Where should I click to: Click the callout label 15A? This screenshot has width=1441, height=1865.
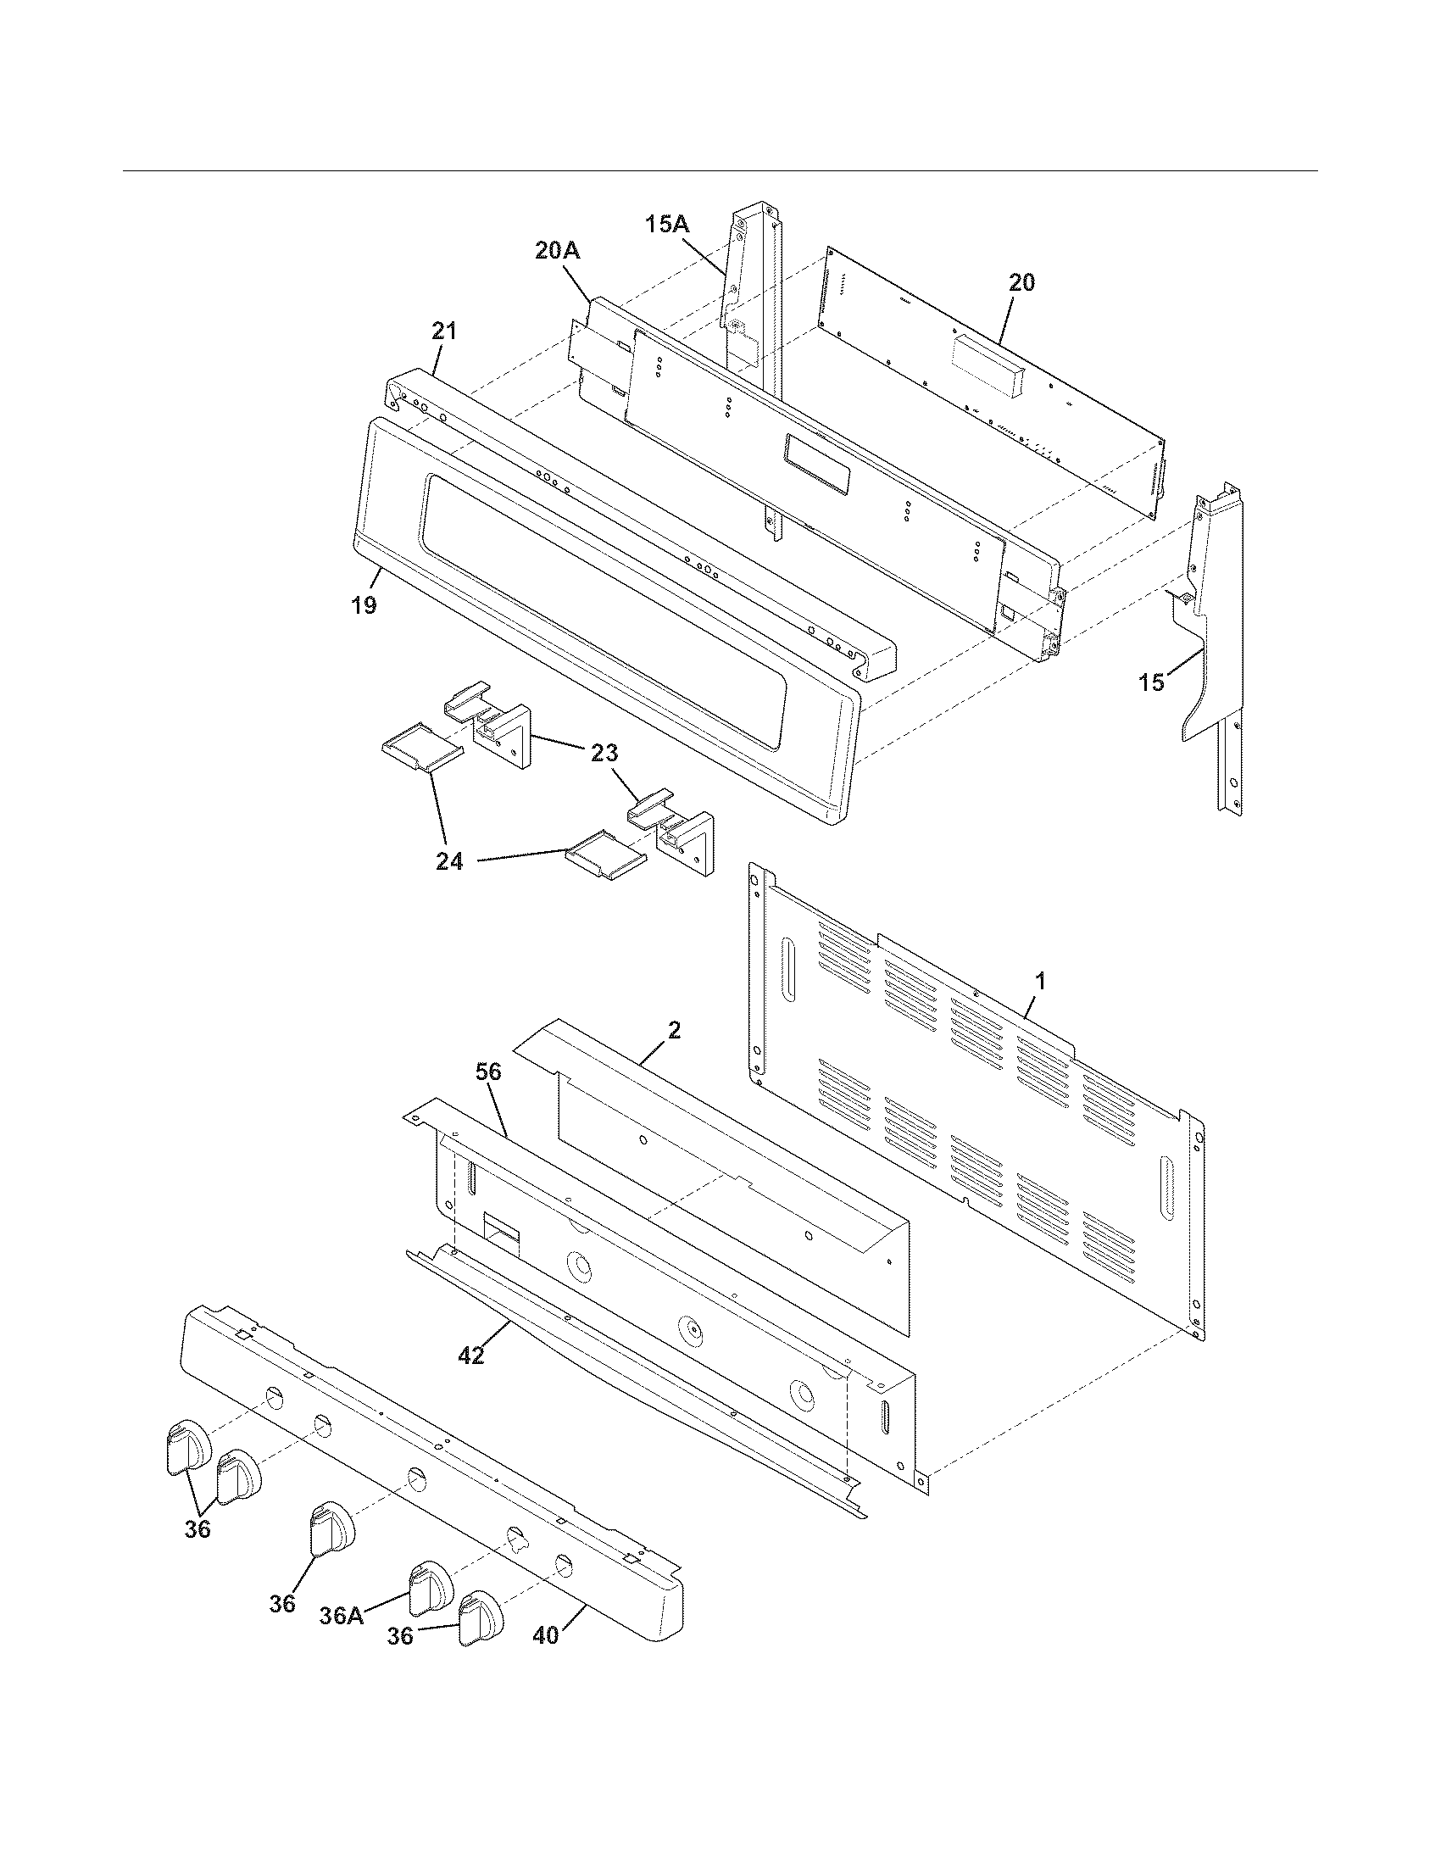coord(667,224)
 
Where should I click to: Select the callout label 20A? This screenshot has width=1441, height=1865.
coord(558,250)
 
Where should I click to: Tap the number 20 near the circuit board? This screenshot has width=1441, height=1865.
coord(1022,281)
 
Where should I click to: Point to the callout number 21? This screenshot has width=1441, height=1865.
coord(444,331)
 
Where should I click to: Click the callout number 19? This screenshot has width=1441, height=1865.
coord(364,606)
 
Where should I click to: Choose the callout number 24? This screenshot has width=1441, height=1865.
coord(449,861)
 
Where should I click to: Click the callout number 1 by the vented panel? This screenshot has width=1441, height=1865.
coord(1040,981)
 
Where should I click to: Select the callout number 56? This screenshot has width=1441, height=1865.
coord(487,1072)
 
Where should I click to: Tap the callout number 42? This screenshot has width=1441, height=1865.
coord(471,1355)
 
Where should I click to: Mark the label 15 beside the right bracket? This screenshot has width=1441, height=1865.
coord(1152,682)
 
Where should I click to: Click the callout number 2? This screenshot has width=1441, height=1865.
coord(674,1031)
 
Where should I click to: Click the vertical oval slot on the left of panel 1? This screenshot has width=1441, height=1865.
coord(787,975)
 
